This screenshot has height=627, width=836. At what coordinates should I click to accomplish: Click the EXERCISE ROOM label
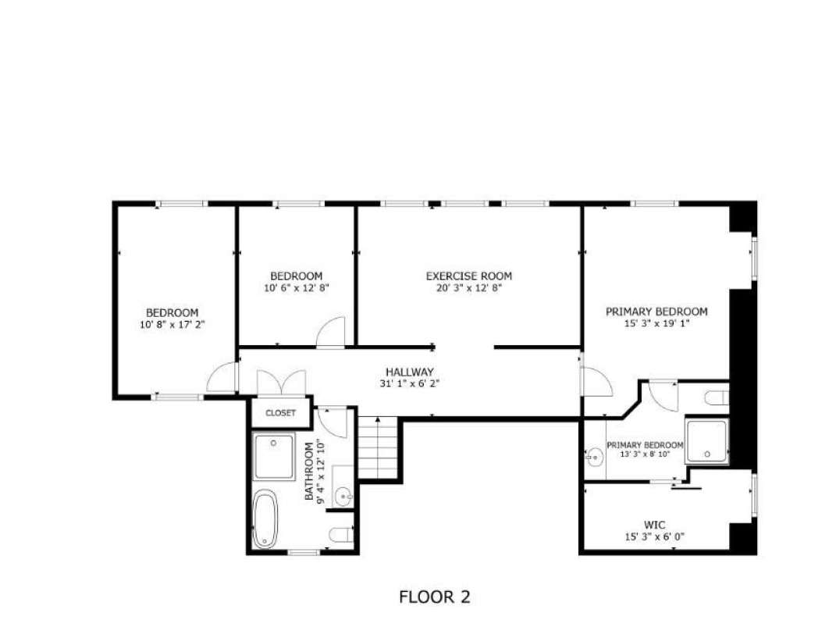(x=468, y=276)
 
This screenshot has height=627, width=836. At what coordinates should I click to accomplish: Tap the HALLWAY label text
(x=410, y=372)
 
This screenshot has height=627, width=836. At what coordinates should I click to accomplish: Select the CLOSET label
(x=280, y=413)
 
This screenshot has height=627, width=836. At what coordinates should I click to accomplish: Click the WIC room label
(x=654, y=525)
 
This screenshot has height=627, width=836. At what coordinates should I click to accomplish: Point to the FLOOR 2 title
(x=435, y=597)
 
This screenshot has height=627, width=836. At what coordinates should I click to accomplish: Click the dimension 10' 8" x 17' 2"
(x=173, y=325)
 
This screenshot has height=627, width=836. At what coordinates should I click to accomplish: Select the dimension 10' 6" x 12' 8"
(x=297, y=288)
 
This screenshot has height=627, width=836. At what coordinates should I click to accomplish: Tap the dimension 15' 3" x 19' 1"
(x=657, y=323)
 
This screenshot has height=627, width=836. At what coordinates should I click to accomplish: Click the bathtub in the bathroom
(x=265, y=519)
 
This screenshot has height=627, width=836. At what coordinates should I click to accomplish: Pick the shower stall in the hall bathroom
(x=274, y=457)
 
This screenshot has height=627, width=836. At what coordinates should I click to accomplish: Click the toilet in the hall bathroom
(x=341, y=534)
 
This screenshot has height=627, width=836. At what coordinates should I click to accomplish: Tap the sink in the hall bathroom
(x=343, y=497)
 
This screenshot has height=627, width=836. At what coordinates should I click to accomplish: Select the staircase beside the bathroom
(x=378, y=448)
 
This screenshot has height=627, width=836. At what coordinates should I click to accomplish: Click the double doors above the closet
(x=281, y=383)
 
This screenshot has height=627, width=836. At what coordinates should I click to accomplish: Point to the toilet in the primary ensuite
(x=717, y=398)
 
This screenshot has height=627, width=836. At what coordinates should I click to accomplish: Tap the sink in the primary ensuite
(x=594, y=456)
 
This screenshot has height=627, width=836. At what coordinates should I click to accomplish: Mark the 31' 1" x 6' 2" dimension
(x=410, y=383)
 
